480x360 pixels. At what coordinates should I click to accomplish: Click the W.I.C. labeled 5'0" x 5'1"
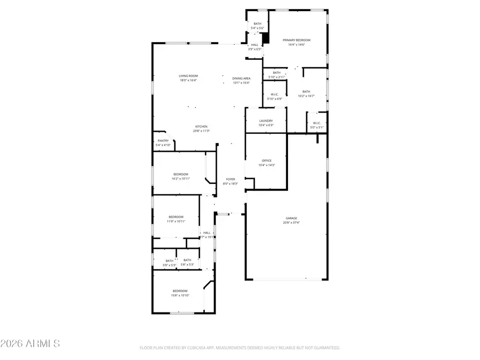(x=317, y=125)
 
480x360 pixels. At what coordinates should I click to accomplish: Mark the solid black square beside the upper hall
(x=265, y=38)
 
